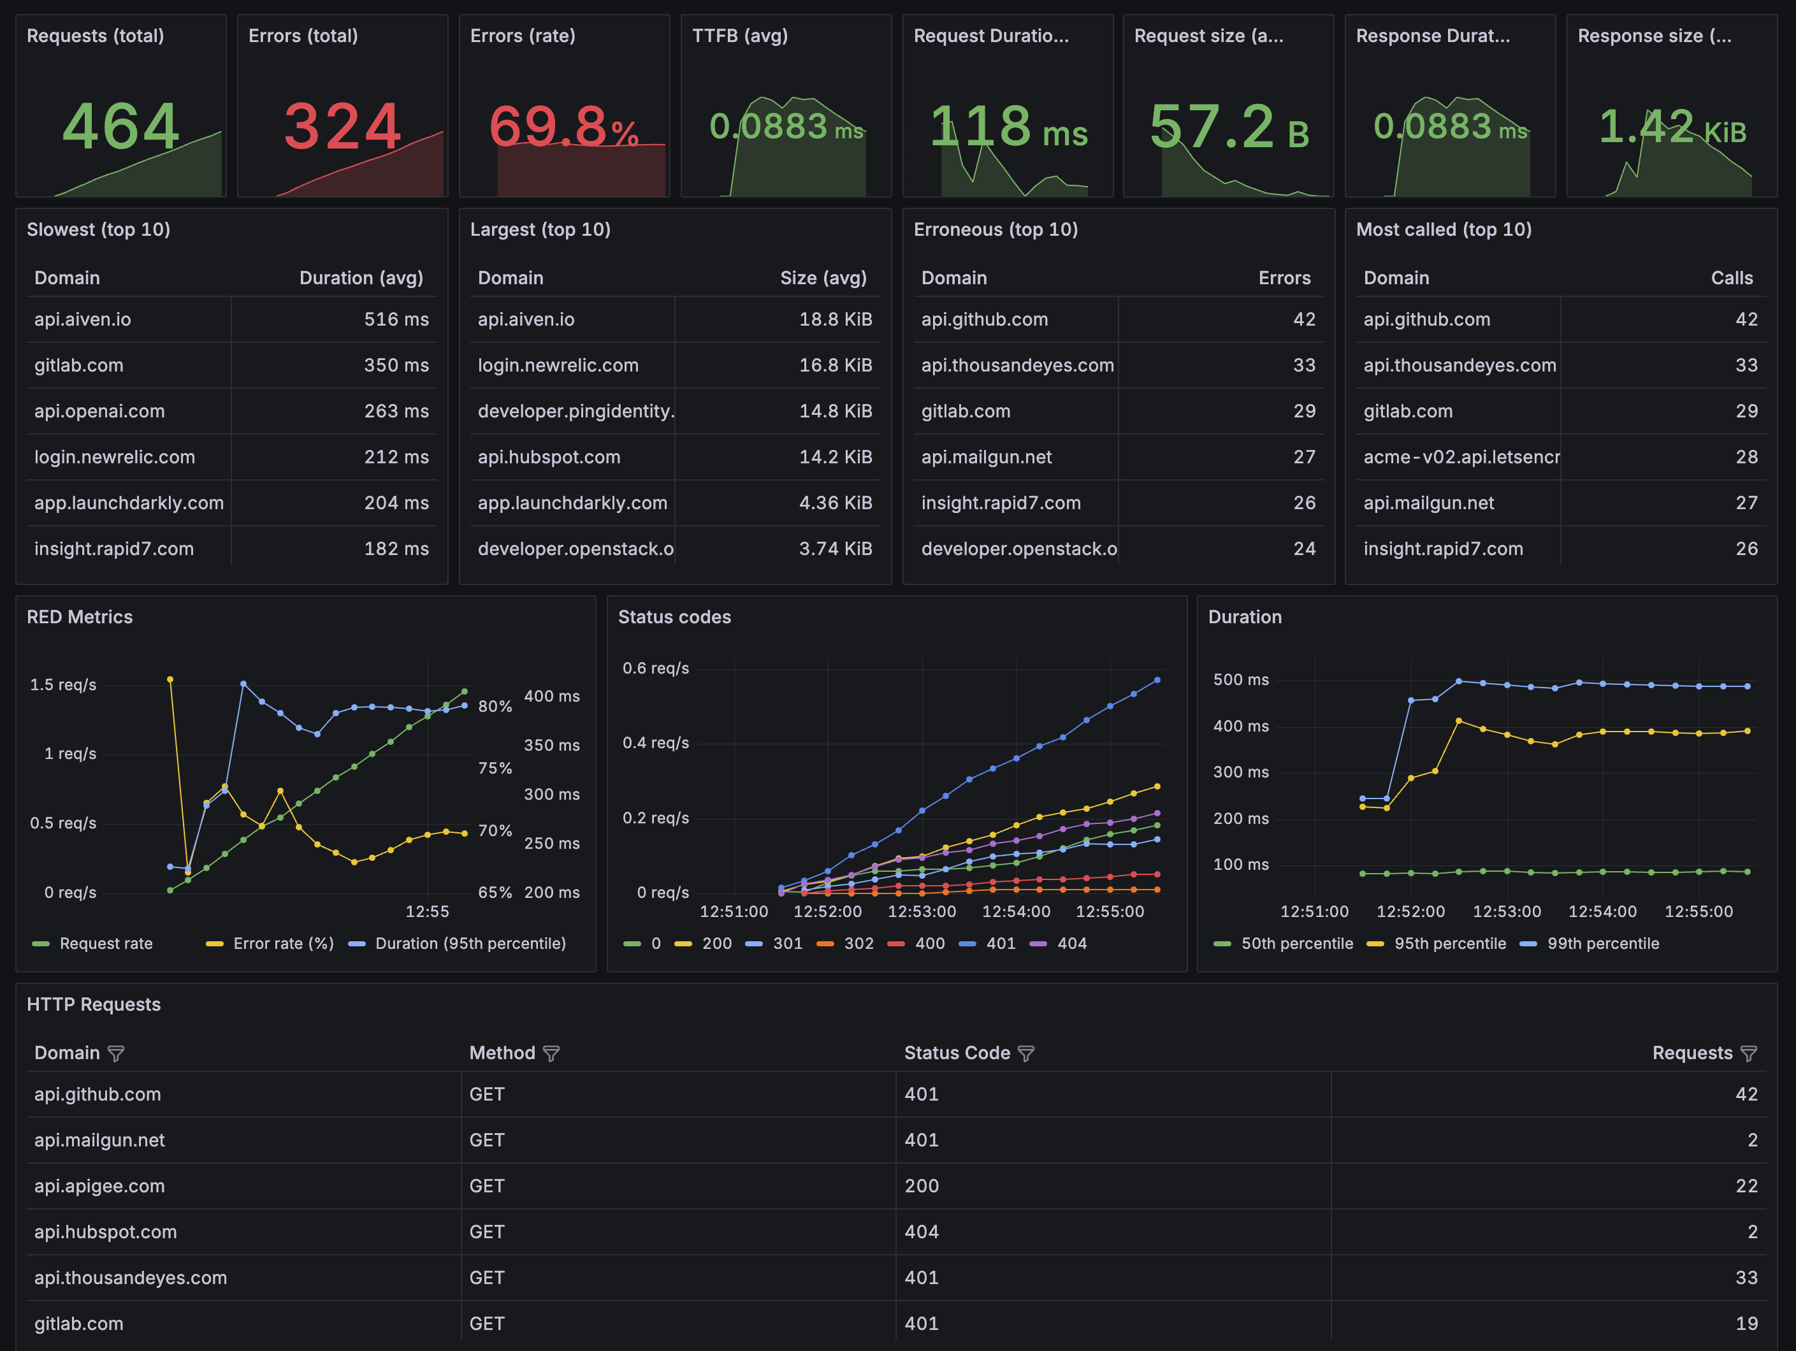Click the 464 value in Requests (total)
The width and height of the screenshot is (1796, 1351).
click(x=121, y=126)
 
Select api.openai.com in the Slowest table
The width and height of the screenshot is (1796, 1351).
click(x=99, y=411)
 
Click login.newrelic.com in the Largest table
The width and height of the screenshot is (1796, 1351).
click(x=558, y=365)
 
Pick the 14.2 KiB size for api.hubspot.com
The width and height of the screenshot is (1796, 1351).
click(x=835, y=457)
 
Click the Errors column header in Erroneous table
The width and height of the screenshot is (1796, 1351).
click(x=1284, y=278)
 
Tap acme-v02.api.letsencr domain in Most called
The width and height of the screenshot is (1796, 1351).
click(x=1461, y=457)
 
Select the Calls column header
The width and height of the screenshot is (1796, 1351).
click(x=1731, y=278)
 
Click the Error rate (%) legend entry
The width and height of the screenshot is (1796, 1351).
click(x=282, y=943)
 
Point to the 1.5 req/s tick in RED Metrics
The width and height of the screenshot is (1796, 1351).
click(x=63, y=684)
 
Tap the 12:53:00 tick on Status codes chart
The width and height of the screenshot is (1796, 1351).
click(x=922, y=911)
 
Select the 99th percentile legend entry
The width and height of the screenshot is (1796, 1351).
click(x=1602, y=943)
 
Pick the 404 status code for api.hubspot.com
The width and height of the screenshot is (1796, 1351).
click(x=922, y=1232)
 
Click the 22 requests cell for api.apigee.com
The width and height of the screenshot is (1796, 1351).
click(x=1746, y=1185)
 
